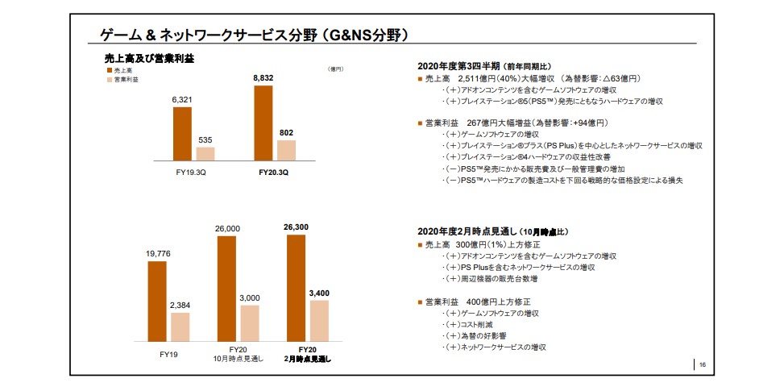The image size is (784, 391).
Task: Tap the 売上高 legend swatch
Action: [108, 71]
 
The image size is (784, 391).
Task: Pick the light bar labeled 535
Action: [205, 154]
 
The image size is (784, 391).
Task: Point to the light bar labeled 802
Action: [286, 151]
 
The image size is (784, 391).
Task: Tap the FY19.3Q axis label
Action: [193, 171]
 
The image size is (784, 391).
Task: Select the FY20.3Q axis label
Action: [274, 171]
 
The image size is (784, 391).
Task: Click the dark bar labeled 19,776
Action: [159, 302]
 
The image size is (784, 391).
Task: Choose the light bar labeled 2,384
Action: [180, 327]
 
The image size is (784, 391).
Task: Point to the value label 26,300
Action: [296, 227]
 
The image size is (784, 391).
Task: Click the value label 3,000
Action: [250, 298]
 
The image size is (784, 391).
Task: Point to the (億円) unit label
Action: [336, 69]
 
